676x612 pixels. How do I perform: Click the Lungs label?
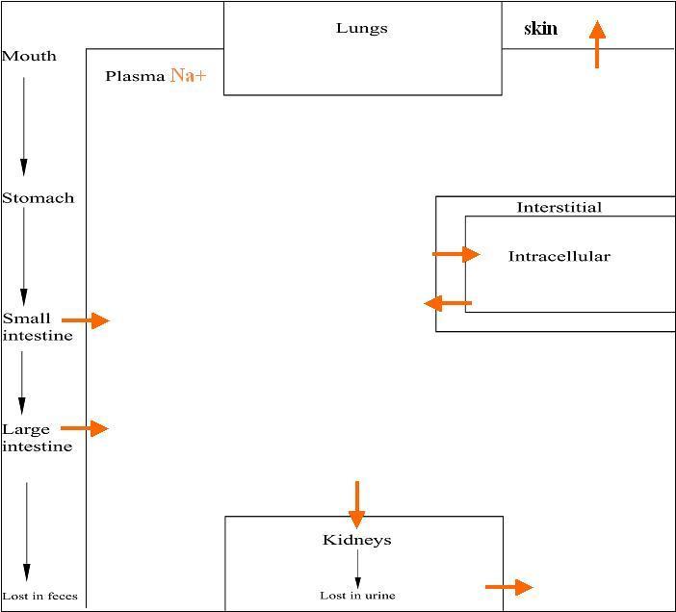pos(362,29)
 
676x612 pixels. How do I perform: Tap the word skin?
pos(540,29)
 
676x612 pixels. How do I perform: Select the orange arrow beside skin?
pos(597,44)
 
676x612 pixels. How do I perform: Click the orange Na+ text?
pos(188,76)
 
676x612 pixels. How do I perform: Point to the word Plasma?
pos(136,77)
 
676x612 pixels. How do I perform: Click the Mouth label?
pos(29,56)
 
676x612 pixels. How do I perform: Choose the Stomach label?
pos(38,198)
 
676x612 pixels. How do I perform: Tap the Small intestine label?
pos(37,327)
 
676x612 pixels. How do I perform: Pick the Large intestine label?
pos(37,438)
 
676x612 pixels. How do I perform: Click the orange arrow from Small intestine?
pos(87,319)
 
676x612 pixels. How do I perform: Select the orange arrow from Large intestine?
pos(85,428)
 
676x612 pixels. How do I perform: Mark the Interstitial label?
pos(559,207)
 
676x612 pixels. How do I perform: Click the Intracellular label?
pos(559,256)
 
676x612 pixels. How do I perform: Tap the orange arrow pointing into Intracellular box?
pos(456,254)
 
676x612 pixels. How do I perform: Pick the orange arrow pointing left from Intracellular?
pos(448,304)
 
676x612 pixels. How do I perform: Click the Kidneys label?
pos(357,540)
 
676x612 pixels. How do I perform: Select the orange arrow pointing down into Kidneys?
pos(357,504)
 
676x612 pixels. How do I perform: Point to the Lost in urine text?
pos(357,596)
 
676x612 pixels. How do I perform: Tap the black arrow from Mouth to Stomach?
pos(24,125)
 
